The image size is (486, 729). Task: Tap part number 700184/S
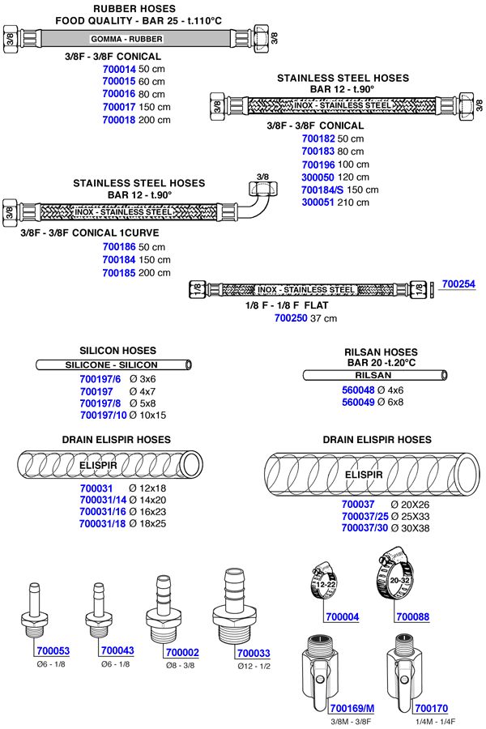pyautogui.click(x=322, y=190)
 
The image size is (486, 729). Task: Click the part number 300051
pyautogui.click(x=318, y=202)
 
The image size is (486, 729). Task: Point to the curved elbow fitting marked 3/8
pyautogui.click(x=260, y=195)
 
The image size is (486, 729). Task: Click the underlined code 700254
pyautogui.click(x=458, y=284)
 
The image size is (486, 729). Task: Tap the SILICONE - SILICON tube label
pyautogui.click(x=111, y=365)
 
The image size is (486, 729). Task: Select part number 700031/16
pyautogui.click(x=103, y=512)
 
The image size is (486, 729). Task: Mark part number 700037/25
pyautogui.click(x=364, y=516)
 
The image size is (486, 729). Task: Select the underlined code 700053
pyautogui.click(x=53, y=650)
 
